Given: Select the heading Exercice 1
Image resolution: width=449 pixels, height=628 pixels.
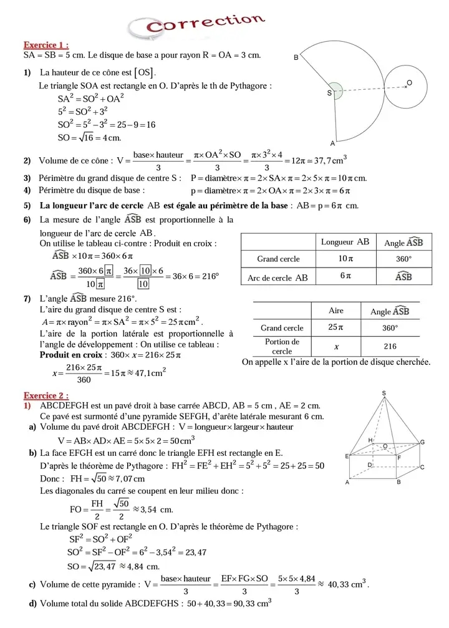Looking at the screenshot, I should pyautogui.click(x=46, y=45).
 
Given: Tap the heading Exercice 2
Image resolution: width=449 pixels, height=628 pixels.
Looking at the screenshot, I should pyautogui.click(x=46, y=395).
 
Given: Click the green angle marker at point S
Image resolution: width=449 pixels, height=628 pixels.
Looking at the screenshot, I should pyautogui.click(x=336, y=91).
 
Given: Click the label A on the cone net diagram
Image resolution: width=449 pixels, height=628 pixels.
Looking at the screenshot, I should pyautogui.click(x=332, y=142).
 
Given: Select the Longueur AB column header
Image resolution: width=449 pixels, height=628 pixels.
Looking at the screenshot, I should pyautogui.click(x=345, y=241).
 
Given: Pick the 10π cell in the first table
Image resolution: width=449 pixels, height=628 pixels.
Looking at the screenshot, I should pyautogui.click(x=345, y=258).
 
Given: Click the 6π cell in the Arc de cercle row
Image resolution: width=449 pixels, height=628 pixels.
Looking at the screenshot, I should pyautogui.click(x=345, y=276).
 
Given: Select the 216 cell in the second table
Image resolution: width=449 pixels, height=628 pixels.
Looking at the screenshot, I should pyautogui.click(x=390, y=346).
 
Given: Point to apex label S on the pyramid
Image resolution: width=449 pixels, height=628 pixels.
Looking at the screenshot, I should pyautogui.click(x=384, y=393).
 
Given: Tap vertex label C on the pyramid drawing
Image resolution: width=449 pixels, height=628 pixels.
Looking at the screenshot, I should pyautogui.click(x=422, y=467).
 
